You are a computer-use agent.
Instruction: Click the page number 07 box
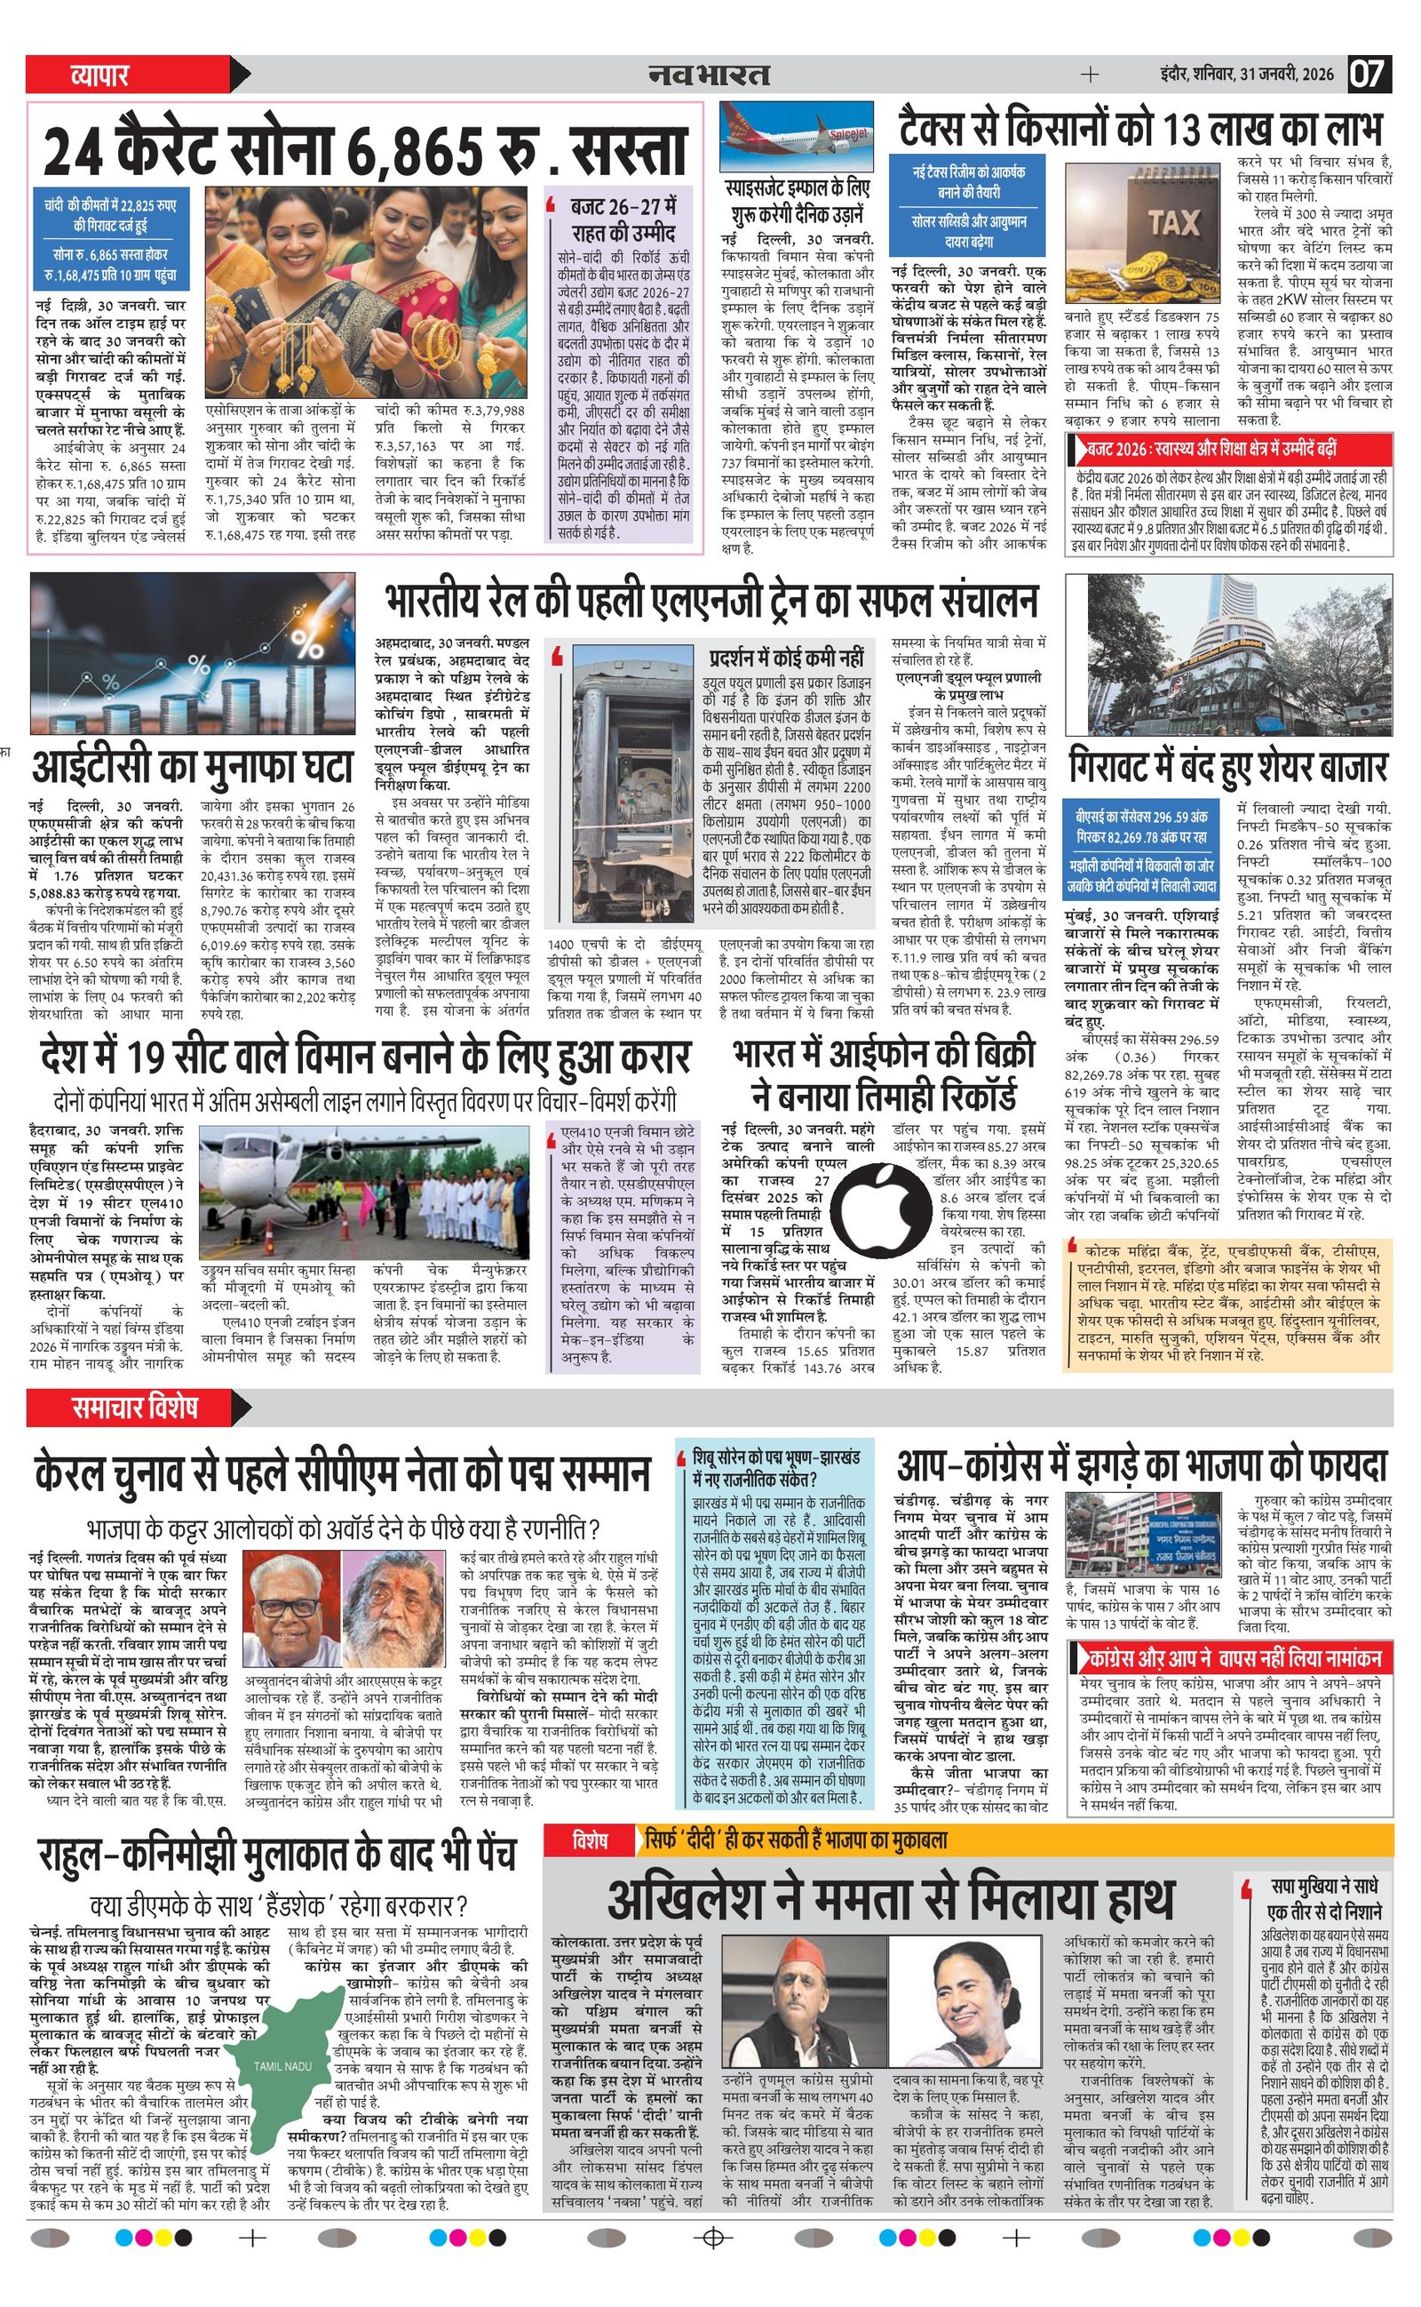pyautogui.click(x=1369, y=74)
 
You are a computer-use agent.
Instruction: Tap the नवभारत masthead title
pyautogui.click(x=709, y=75)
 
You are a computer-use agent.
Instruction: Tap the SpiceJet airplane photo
pyautogui.click(x=796, y=135)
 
